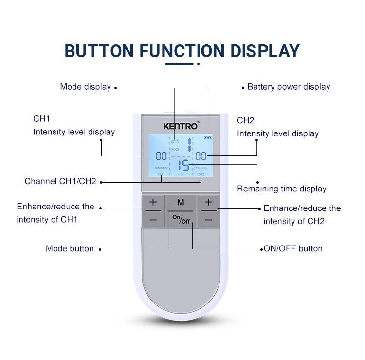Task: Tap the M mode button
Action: [x=181, y=202]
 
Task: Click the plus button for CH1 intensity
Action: [x=153, y=202]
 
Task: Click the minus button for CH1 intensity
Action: [x=153, y=220]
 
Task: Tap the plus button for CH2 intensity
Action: [x=209, y=202]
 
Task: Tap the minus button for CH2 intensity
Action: [x=209, y=220]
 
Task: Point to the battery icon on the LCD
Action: [x=208, y=138]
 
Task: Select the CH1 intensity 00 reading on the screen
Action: [x=161, y=156]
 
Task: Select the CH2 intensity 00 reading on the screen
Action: [x=201, y=156]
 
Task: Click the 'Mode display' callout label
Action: [x=86, y=87]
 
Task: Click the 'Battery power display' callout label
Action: [x=289, y=87]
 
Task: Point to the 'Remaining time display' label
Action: [x=282, y=189]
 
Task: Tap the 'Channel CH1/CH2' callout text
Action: [x=60, y=182]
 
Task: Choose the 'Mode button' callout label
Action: [x=70, y=248]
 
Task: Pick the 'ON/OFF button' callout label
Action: [x=293, y=248]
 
